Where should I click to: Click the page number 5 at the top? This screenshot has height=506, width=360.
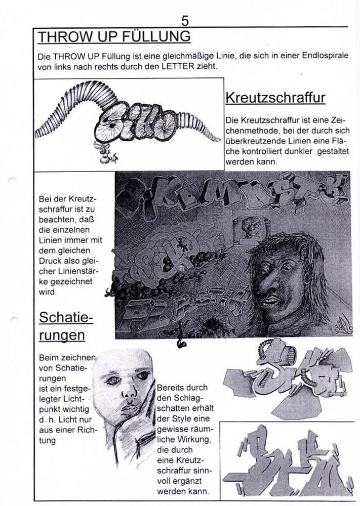(x=185, y=20)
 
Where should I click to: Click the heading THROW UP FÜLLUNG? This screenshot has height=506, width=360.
(x=114, y=37)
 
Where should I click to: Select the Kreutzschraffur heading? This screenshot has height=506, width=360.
(x=275, y=97)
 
